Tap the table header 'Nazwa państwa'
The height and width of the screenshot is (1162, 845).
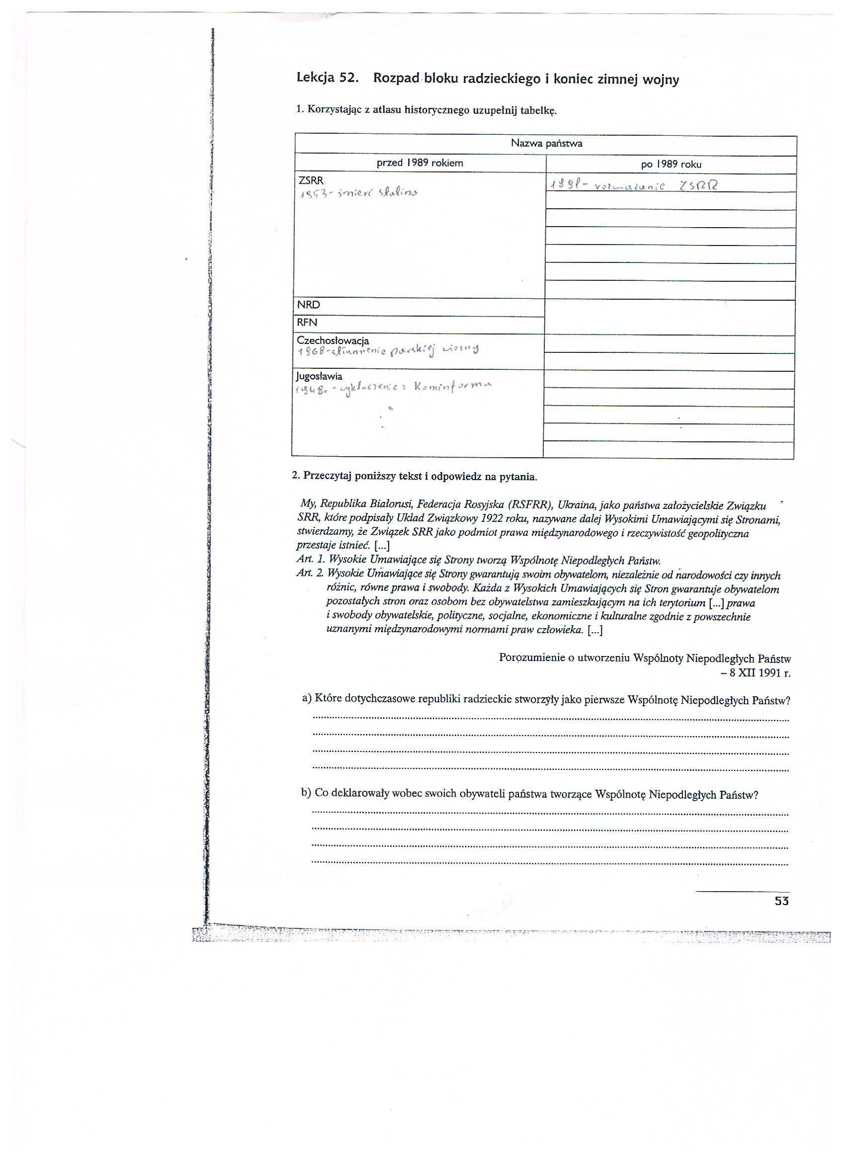[546, 144]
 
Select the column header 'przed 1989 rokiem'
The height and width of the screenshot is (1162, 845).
[420, 164]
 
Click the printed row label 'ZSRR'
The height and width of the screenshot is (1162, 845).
[311, 181]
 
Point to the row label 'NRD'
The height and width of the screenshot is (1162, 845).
[309, 305]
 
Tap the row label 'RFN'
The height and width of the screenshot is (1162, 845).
[308, 323]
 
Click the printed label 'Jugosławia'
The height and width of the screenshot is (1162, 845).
[319, 377]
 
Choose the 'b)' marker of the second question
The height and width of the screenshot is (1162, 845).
[306, 793]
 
